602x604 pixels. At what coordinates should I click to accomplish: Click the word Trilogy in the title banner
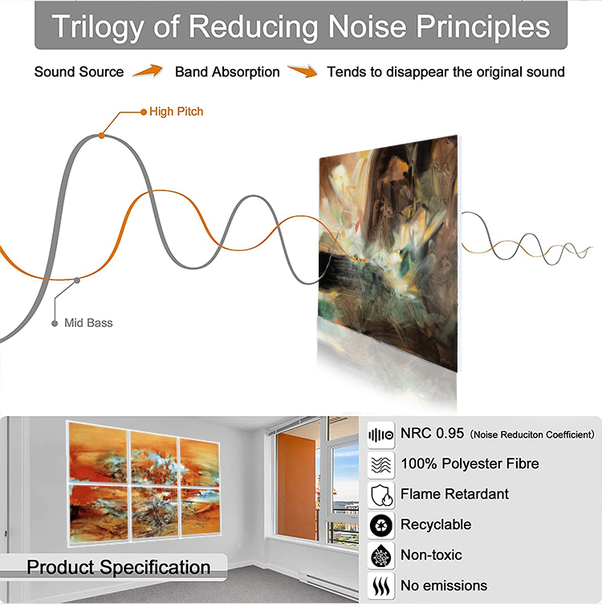coord(98,27)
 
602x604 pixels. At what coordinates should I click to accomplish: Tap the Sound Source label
coord(79,72)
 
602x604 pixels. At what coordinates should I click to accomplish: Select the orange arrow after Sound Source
coord(148,71)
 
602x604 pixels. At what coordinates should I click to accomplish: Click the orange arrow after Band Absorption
coord(303,71)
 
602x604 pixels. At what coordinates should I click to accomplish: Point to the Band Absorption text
coord(227,72)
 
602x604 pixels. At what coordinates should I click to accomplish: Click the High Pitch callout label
coord(177,112)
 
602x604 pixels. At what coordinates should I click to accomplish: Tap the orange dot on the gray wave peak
coord(101,136)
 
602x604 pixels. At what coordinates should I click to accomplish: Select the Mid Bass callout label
coord(88,323)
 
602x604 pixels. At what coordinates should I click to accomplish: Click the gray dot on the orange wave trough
coord(77,280)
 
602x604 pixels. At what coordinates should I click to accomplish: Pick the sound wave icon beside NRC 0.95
coord(381,435)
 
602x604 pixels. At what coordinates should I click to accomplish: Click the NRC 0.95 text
coord(433,434)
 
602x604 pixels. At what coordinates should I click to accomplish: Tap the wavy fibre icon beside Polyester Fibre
coord(381,465)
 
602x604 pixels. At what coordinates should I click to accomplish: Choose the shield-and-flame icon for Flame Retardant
coord(381,496)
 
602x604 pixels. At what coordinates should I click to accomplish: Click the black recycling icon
coord(381,525)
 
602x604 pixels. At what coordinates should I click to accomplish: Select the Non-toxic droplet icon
coord(381,556)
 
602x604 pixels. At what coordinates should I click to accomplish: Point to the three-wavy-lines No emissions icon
coord(381,586)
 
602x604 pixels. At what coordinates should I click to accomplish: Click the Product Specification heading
coord(119,567)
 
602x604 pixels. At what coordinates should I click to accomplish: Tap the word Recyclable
coord(436,524)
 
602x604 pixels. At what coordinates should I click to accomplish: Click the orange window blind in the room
coord(296,486)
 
